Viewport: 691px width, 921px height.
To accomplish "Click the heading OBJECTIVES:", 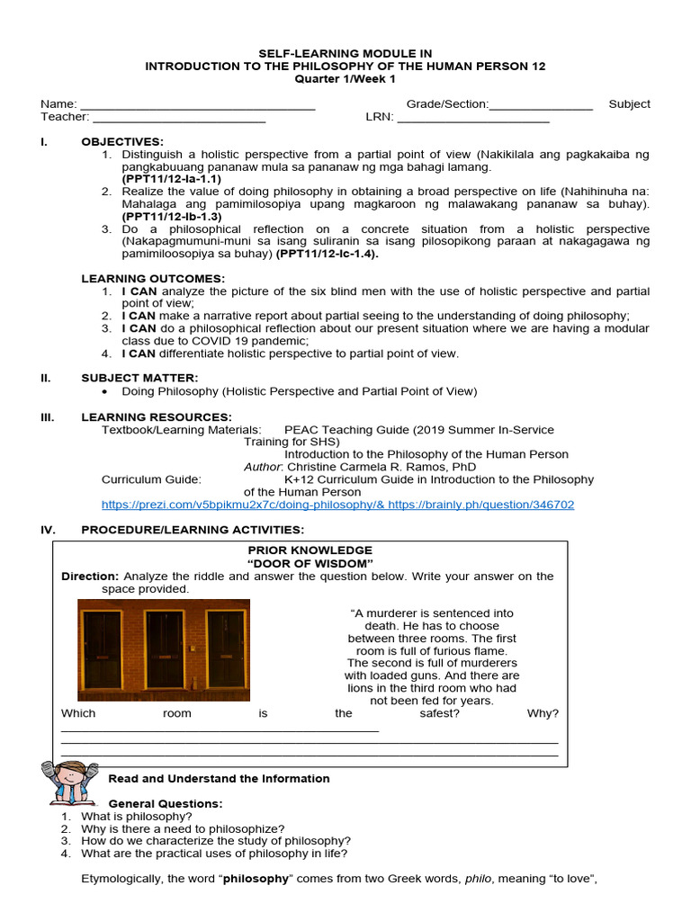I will coord(122,142).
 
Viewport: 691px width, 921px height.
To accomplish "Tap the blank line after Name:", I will coord(198,105).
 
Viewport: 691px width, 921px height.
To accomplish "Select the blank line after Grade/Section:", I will coord(541,105).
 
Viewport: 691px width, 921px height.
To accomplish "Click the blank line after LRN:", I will coord(472,118).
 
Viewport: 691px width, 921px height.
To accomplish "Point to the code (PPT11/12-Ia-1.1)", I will coord(172,179).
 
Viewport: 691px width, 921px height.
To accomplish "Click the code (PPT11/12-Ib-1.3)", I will coord(172,216).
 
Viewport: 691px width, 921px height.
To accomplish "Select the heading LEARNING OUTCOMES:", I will coord(153,279).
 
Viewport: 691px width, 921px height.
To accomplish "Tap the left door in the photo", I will coord(103,649).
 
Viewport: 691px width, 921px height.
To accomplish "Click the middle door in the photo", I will coord(165,649).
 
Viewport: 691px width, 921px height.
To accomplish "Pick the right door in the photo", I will coord(225,649).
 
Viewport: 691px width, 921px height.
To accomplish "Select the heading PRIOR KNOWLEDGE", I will coord(310,550).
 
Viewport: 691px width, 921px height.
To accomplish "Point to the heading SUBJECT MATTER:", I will coord(139,378).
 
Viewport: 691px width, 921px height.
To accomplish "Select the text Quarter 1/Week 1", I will coord(345,79).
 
